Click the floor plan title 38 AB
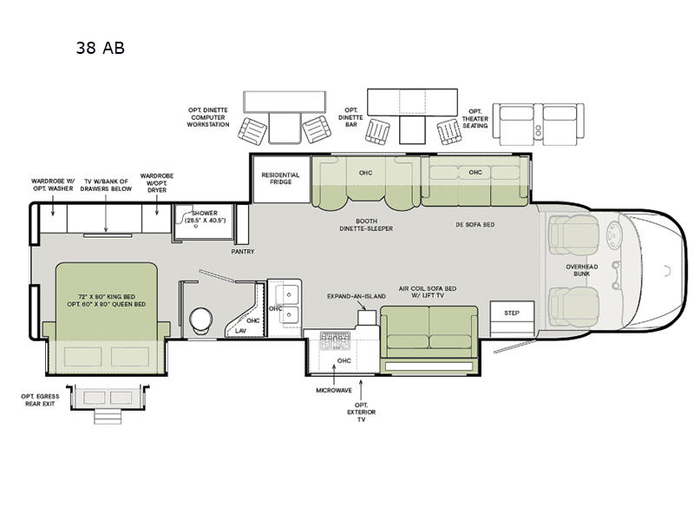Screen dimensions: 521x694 pos(100,48)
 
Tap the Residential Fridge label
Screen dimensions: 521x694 pos(280,179)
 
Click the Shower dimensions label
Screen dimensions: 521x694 pos(206,215)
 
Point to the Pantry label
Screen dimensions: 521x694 pos(242,252)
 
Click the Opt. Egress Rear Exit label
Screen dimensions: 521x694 pos(39,399)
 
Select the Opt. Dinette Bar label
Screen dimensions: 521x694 pos(351,116)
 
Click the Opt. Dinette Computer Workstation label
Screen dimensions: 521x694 pos(208,117)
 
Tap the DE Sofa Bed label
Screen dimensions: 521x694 pos(475,224)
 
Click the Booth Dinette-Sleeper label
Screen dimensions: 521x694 pos(366,224)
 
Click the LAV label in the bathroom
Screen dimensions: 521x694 pos(240,330)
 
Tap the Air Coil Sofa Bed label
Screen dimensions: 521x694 pos(427,290)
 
